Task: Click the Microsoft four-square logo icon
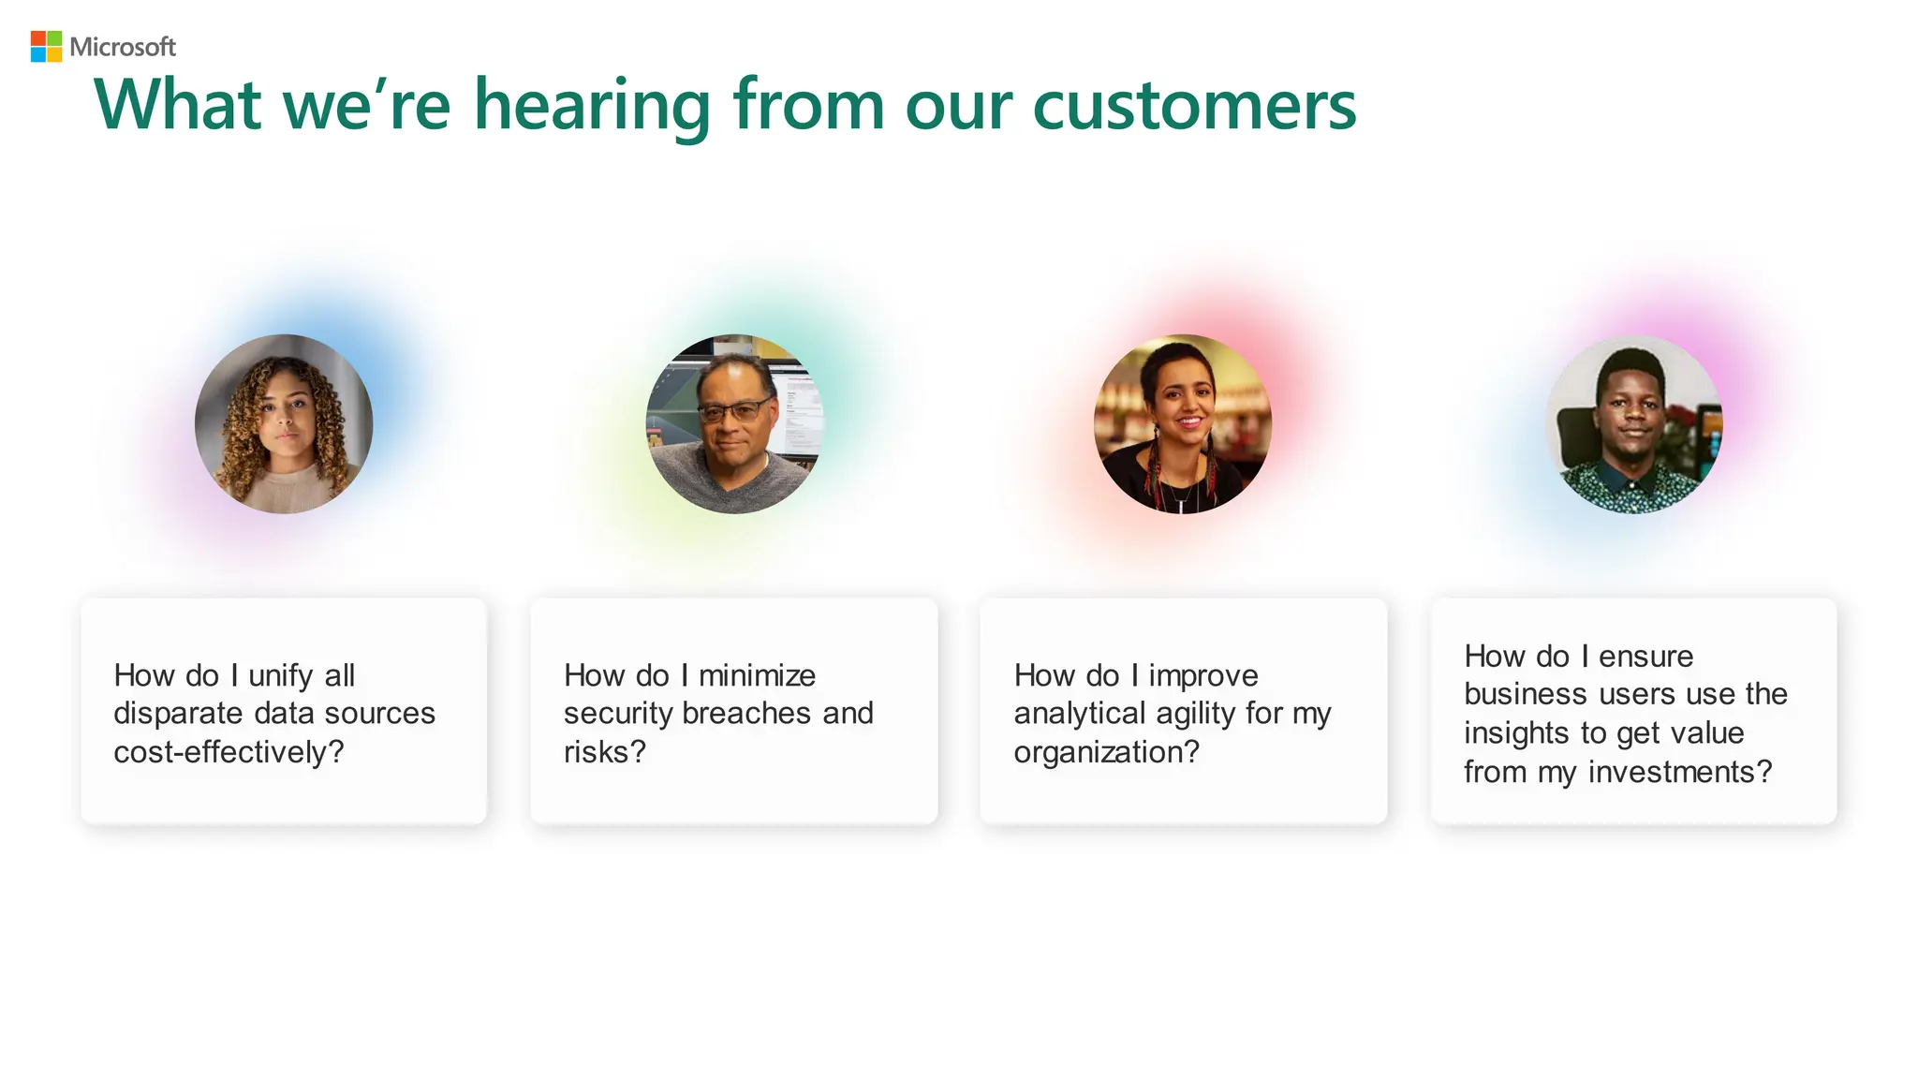46,47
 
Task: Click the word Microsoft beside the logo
123,47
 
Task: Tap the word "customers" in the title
1194,105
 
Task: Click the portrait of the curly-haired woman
284,424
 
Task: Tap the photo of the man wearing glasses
734,424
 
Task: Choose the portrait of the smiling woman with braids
1183,424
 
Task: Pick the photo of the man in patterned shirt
1633,424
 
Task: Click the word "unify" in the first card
280,676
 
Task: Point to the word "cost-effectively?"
229,752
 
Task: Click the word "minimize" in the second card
757,675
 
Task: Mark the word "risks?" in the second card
605,752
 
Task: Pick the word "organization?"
1106,752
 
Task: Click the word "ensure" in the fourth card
1645,657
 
